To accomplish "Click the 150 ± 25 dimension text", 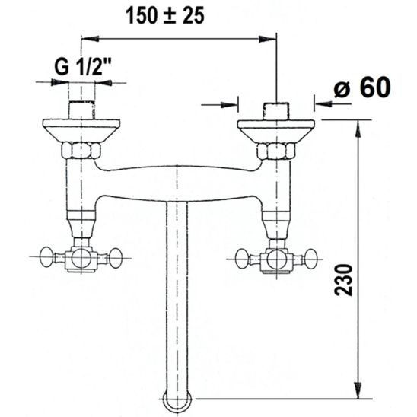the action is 165,15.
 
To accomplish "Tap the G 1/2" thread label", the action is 83,66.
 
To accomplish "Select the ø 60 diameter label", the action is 362,88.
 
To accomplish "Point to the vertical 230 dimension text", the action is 343,280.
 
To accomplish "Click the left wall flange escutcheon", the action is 81,130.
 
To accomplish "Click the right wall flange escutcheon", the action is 276,132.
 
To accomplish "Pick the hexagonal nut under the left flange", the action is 81,151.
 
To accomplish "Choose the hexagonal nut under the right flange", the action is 276,151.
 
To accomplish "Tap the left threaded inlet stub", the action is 81,110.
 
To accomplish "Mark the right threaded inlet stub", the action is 276,111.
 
